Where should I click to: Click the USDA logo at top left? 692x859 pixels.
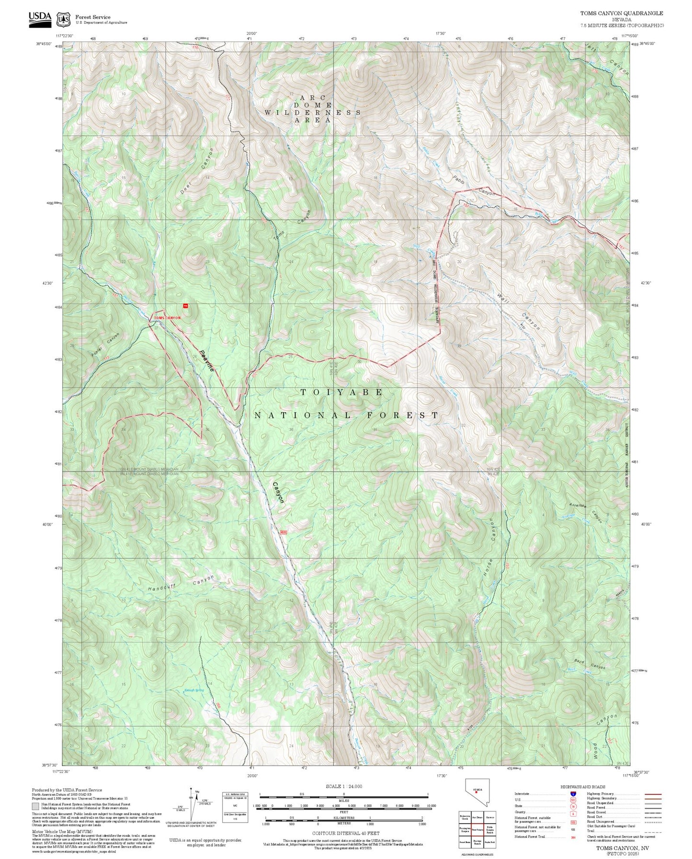40,17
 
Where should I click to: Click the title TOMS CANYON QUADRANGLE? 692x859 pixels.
622,13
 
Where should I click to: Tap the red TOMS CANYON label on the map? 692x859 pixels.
167,318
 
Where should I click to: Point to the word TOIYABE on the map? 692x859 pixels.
341,392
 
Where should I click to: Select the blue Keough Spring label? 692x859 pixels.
194,690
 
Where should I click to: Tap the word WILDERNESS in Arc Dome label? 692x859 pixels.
313,113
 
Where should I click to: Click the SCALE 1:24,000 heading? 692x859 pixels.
343,786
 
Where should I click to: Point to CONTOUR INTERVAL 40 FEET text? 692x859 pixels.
343,833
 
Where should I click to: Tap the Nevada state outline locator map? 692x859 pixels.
476,792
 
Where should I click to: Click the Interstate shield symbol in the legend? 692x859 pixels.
573,794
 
